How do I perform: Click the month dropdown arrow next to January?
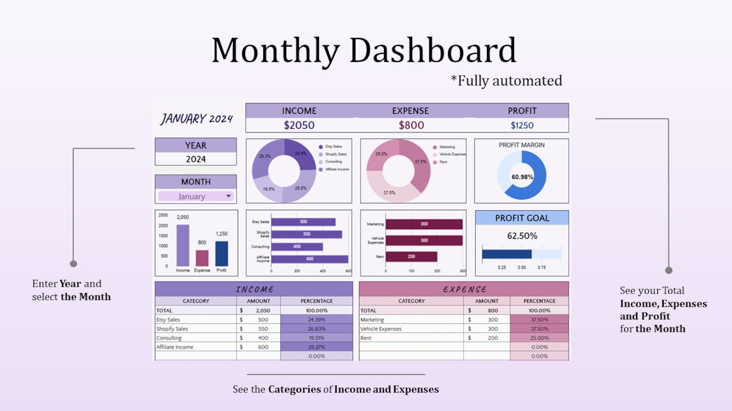click(x=228, y=196)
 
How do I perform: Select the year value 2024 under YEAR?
click(x=195, y=159)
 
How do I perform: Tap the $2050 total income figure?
click(x=299, y=125)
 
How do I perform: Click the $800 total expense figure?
click(x=411, y=125)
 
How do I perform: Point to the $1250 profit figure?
click(x=522, y=125)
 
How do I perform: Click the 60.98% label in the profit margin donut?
click(x=522, y=177)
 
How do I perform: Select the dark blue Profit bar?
click(x=222, y=254)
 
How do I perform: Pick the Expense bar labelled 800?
click(x=202, y=258)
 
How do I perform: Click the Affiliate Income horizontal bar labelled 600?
click(x=309, y=259)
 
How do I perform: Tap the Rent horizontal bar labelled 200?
click(x=411, y=256)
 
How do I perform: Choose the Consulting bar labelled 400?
click(x=297, y=247)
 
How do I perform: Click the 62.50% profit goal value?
click(x=522, y=236)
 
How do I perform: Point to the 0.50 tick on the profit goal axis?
click(x=522, y=267)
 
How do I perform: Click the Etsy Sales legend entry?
click(x=333, y=147)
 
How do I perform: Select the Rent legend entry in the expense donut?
click(x=443, y=162)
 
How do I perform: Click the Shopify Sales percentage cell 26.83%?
click(x=317, y=329)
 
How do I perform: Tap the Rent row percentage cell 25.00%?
click(x=539, y=338)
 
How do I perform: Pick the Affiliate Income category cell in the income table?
click(x=175, y=347)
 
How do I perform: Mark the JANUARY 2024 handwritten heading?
click(x=196, y=119)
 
